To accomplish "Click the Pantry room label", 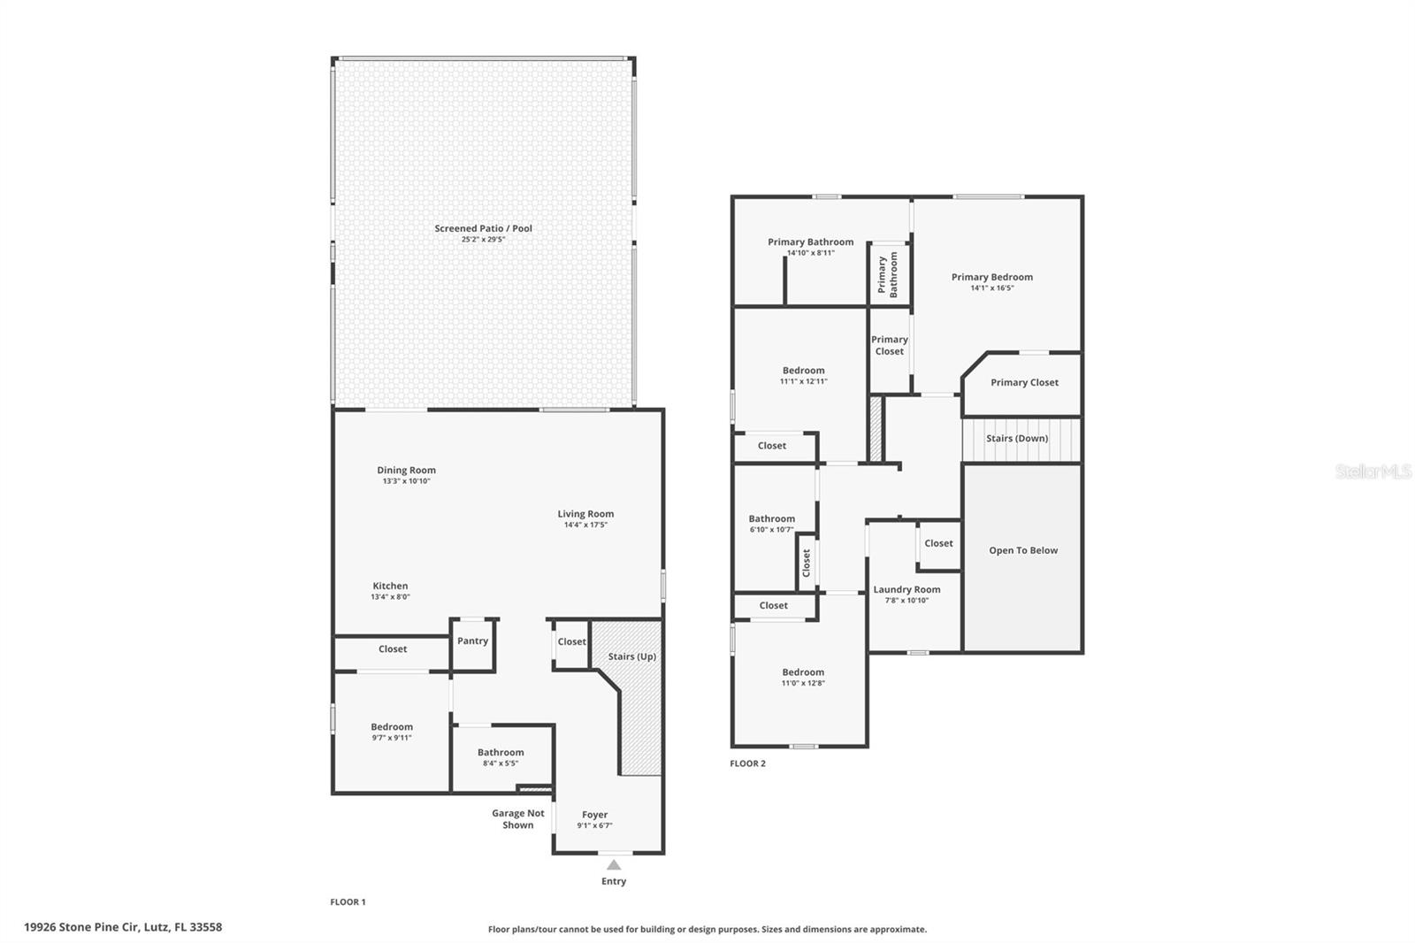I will tap(472, 641).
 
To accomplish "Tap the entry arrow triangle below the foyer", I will tap(614, 864).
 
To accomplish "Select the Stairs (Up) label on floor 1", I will tap(631, 656).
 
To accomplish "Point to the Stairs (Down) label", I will tap(1017, 439).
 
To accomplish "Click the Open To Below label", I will tap(1023, 550).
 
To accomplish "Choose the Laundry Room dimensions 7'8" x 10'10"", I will tap(906, 601).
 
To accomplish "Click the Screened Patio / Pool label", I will tap(483, 228).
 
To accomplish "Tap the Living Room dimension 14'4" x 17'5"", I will tap(585, 525).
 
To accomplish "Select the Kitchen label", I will tap(390, 586).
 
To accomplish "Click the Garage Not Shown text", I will tap(518, 819).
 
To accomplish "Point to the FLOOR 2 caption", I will tap(747, 763).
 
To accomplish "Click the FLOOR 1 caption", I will tap(348, 902).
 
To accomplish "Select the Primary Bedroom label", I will tap(991, 277).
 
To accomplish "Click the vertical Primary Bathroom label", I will tap(888, 274).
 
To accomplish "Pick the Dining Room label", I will tap(406, 471).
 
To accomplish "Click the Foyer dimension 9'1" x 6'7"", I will tap(594, 826).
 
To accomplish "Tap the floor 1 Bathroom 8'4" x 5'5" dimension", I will tap(501, 763).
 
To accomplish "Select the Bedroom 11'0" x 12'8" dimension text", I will tap(803, 683).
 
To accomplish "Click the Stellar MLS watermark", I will tap(1373, 471).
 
